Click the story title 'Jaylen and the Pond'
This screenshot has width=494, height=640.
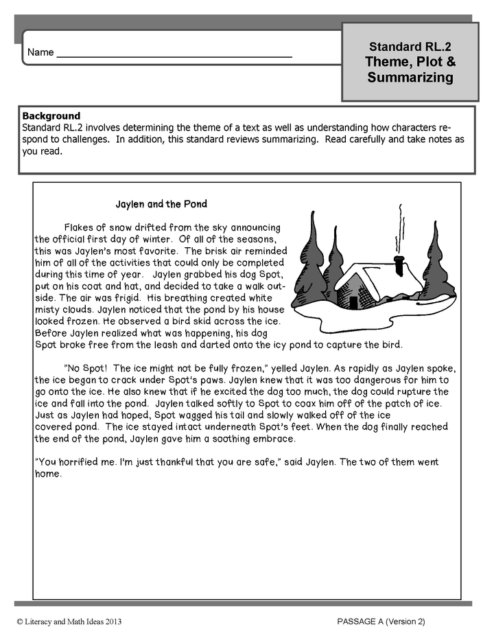(x=161, y=204)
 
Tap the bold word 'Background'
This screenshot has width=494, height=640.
(x=51, y=116)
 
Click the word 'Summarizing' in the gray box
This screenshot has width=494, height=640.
(x=410, y=78)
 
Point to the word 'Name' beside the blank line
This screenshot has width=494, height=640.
(x=40, y=53)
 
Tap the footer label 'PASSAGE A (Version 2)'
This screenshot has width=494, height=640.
(x=381, y=621)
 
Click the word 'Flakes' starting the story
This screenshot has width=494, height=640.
(x=79, y=227)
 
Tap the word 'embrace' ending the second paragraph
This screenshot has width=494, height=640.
(x=273, y=439)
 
